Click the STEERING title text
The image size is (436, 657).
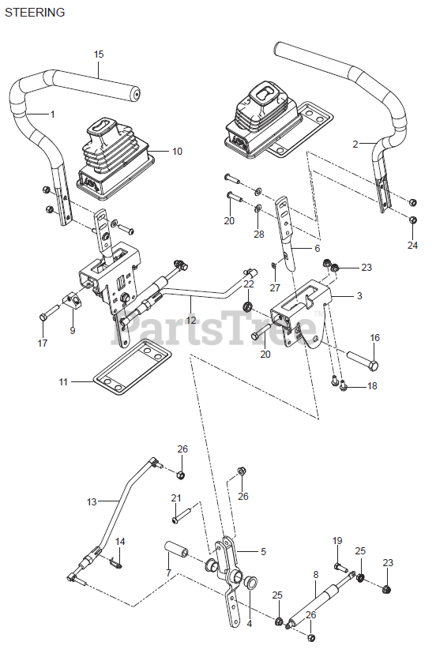(35, 13)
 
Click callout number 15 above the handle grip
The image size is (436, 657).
(99, 54)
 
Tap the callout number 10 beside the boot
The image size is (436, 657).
(178, 152)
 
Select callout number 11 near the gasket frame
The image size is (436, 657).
(63, 381)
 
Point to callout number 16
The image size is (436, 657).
(375, 337)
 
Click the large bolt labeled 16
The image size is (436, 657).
(363, 361)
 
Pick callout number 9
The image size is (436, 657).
(73, 330)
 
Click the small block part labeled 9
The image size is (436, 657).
(71, 300)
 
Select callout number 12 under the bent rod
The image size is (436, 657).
(191, 320)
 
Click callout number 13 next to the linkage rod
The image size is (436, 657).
(92, 501)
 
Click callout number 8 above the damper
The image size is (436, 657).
(316, 574)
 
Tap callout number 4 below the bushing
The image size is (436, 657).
(250, 624)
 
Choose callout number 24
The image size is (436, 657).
(412, 245)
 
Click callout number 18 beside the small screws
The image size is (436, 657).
(372, 385)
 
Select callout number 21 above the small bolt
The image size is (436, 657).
(176, 497)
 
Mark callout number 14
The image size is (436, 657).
(120, 542)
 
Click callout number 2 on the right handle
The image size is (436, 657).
(355, 145)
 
